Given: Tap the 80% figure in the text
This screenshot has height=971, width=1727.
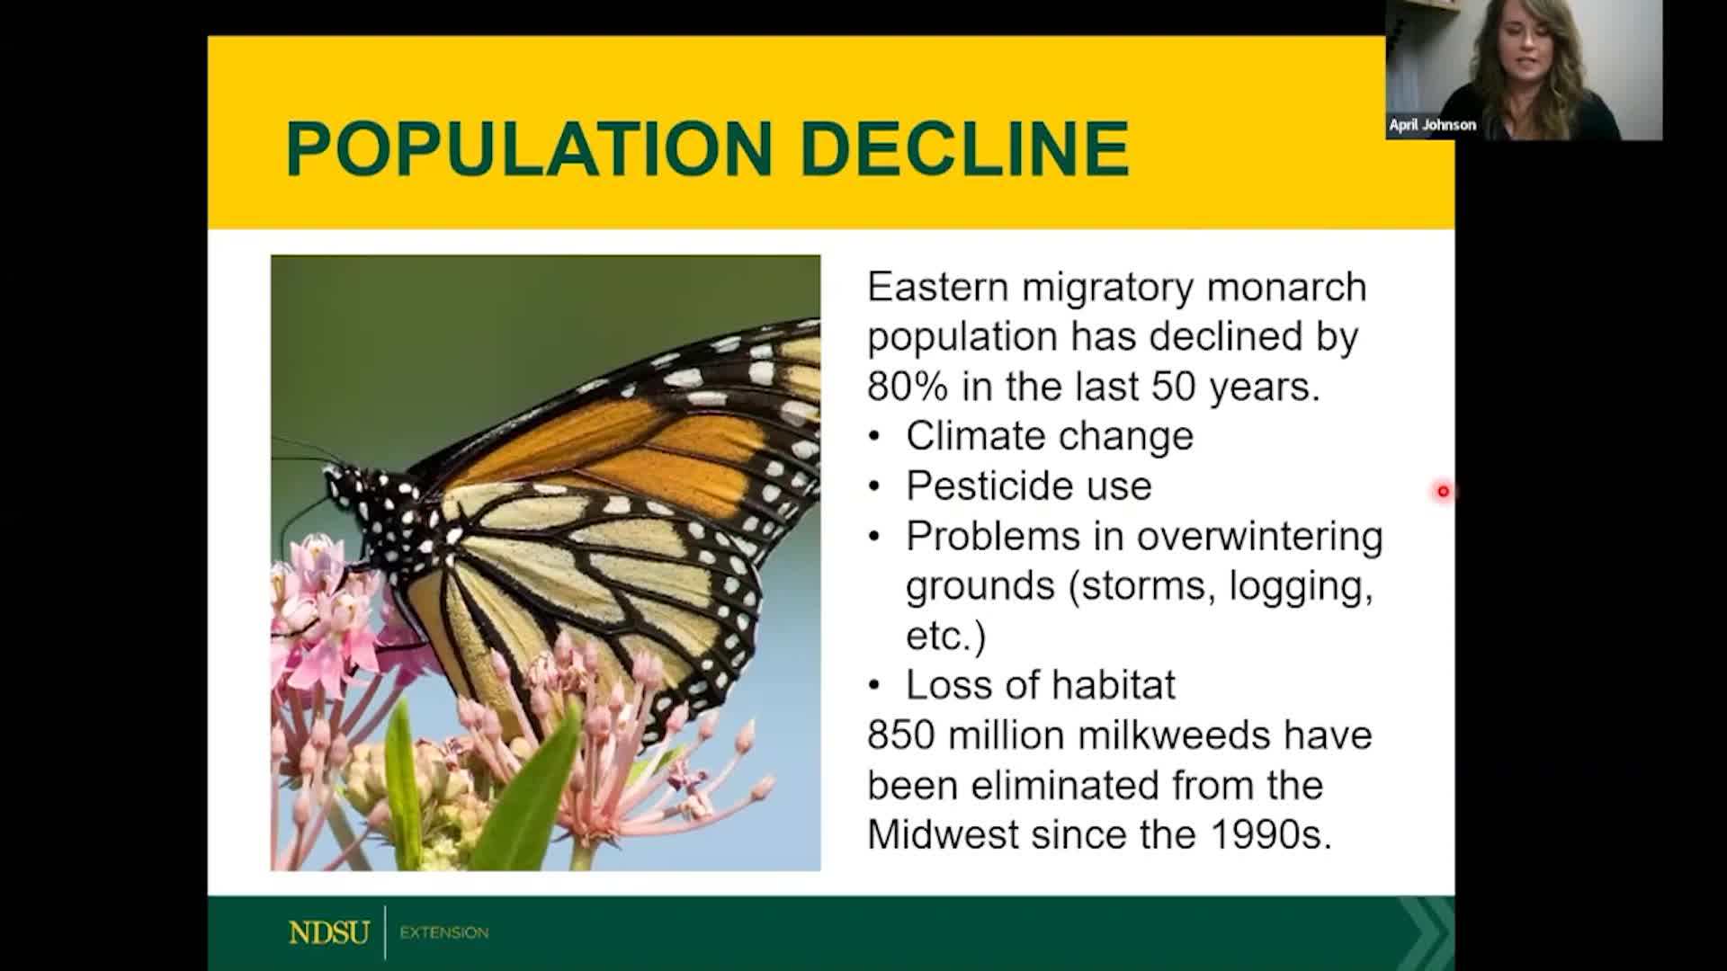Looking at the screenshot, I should pos(907,387).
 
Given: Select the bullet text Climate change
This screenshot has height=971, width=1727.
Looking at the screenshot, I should pos(1049,436).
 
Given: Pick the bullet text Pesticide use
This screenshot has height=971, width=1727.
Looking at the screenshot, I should pos(1028,486).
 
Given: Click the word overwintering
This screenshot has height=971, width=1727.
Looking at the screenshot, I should pos(1259,536).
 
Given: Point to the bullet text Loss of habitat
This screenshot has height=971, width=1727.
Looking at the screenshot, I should pos(1040,685).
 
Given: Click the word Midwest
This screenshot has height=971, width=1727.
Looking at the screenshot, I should pos(943,835).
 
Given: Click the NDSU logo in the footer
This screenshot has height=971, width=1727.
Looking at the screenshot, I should pos(329,932).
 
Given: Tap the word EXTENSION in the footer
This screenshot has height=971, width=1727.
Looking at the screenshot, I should pos(444,932).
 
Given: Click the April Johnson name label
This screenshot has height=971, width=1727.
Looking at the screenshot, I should pos(1432,125).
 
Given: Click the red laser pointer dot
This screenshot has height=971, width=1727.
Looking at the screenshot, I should pos(1443,491).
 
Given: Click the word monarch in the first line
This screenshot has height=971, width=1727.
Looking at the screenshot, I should pos(1285,288).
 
